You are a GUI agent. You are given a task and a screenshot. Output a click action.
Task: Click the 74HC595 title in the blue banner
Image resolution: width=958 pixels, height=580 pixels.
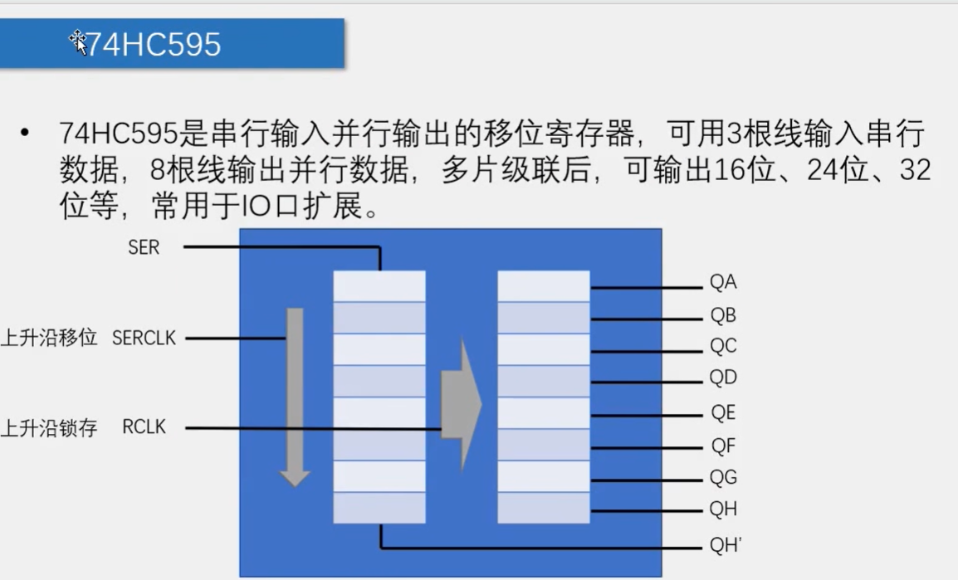pyautogui.click(x=154, y=44)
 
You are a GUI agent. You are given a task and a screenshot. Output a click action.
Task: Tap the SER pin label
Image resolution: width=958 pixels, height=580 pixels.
pyautogui.click(x=144, y=247)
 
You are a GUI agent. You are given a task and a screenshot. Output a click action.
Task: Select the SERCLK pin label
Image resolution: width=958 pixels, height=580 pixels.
pyautogui.click(x=144, y=339)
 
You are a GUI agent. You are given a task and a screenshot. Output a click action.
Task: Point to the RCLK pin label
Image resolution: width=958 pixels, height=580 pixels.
pyautogui.click(x=144, y=427)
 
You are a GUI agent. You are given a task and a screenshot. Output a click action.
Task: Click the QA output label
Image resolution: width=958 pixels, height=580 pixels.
pyautogui.click(x=723, y=283)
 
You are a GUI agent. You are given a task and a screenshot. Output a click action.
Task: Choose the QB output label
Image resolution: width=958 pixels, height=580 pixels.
pyautogui.click(x=723, y=316)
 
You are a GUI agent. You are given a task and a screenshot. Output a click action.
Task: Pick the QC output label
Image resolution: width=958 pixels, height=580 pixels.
pyautogui.click(x=723, y=346)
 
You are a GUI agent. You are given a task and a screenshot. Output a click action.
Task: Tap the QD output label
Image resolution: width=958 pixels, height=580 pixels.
pyautogui.click(x=723, y=378)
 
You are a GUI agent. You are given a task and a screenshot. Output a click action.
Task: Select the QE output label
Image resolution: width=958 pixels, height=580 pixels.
pyautogui.click(x=723, y=413)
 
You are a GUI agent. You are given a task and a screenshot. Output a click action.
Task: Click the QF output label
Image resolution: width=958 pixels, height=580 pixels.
pyautogui.click(x=723, y=446)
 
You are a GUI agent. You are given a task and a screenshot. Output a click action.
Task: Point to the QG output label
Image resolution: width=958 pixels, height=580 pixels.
pyautogui.click(x=723, y=478)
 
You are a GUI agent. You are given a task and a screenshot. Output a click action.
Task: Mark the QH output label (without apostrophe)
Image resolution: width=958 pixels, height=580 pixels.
pyautogui.click(x=723, y=509)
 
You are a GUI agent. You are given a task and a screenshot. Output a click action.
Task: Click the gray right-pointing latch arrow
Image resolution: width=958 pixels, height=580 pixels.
pyautogui.click(x=461, y=404)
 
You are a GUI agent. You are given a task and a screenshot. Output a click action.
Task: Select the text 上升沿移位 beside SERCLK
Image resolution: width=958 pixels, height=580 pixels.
pyautogui.click(x=49, y=339)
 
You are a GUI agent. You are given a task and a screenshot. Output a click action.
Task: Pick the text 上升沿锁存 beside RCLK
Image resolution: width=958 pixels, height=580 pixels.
pyautogui.click(x=49, y=428)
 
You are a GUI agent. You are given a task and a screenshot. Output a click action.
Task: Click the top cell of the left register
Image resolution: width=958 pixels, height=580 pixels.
pyautogui.click(x=379, y=286)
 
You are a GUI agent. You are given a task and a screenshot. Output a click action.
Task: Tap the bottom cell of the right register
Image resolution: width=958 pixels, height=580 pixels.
pyautogui.click(x=544, y=508)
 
